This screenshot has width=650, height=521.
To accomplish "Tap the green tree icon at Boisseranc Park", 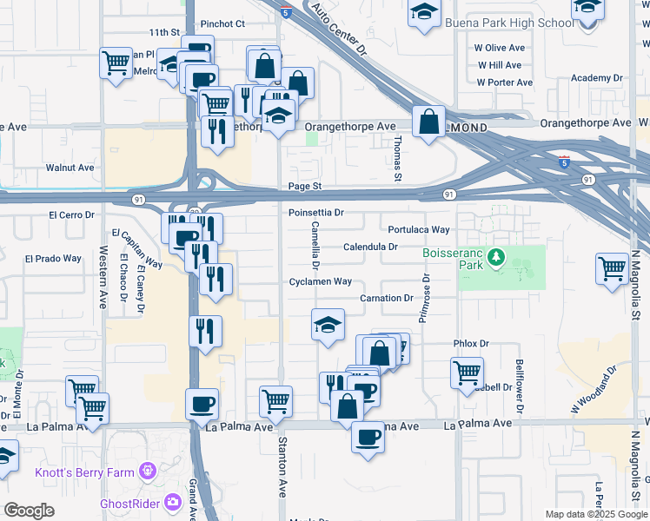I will pyautogui.click(x=496, y=258).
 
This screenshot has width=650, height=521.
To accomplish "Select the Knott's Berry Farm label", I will pyautogui.click(x=84, y=472).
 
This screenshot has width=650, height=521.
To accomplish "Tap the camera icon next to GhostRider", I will pyautogui.click(x=173, y=501).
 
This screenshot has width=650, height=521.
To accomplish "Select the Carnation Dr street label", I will pyautogui.click(x=387, y=298).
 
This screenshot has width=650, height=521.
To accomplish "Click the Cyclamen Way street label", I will pyautogui.click(x=321, y=281).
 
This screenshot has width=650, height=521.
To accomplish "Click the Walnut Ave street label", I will pyautogui.click(x=70, y=168).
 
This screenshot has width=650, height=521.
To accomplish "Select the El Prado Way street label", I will pyautogui.click(x=53, y=259).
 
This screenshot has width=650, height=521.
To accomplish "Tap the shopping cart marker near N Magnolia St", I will pyautogui.click(x=613, y=267).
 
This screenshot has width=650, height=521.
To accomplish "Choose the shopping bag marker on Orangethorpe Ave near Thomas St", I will pyautogui.click(x=428, y=121).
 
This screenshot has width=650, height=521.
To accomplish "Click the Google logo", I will pyautogui.click(x=29, y=511).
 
